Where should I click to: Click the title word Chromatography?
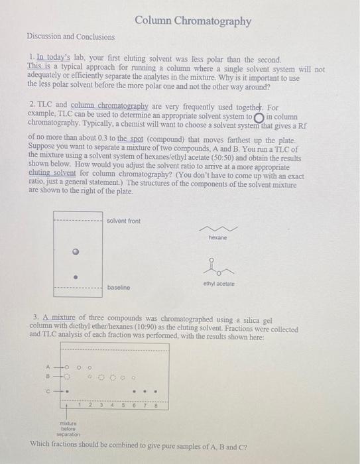[x=212, y=21]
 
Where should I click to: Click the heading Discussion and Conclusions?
[x=71, y=37]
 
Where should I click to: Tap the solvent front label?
[x=123, y=221]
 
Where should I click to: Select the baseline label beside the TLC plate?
[x=119, y=288]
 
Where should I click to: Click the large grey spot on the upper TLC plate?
[x=77, y=252]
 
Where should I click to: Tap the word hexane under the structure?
[x=217, y=237]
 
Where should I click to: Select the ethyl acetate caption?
[x=219, y=283]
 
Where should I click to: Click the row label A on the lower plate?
[x=48, y=368]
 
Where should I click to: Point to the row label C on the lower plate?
[x=48, y=390]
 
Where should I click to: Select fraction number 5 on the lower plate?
[x=123, y=403]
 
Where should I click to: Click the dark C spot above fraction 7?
[x=145, y=391]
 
